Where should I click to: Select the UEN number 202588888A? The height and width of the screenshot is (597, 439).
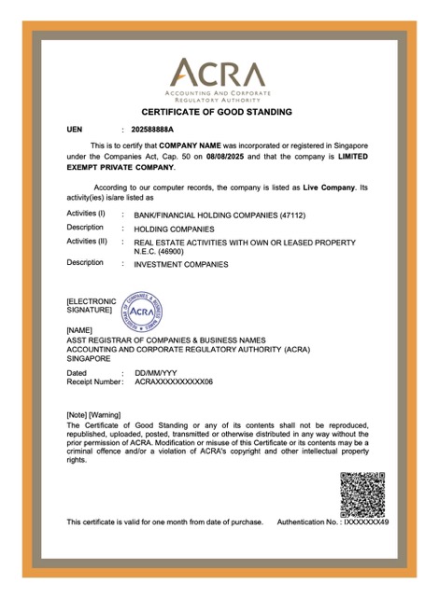(159, 130)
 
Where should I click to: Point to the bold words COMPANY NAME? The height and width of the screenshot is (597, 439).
(192, 146)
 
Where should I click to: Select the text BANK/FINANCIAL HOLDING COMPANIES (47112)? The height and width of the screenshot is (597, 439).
(219, 215)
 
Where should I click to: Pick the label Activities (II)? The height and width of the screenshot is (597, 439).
(87, 242)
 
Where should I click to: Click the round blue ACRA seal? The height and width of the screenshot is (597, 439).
(140, 311)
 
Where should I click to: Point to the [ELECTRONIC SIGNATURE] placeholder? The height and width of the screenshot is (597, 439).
(91, 305)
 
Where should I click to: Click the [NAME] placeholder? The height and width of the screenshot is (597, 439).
(80, 330)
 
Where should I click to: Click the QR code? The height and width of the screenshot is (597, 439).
(361, 494)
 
